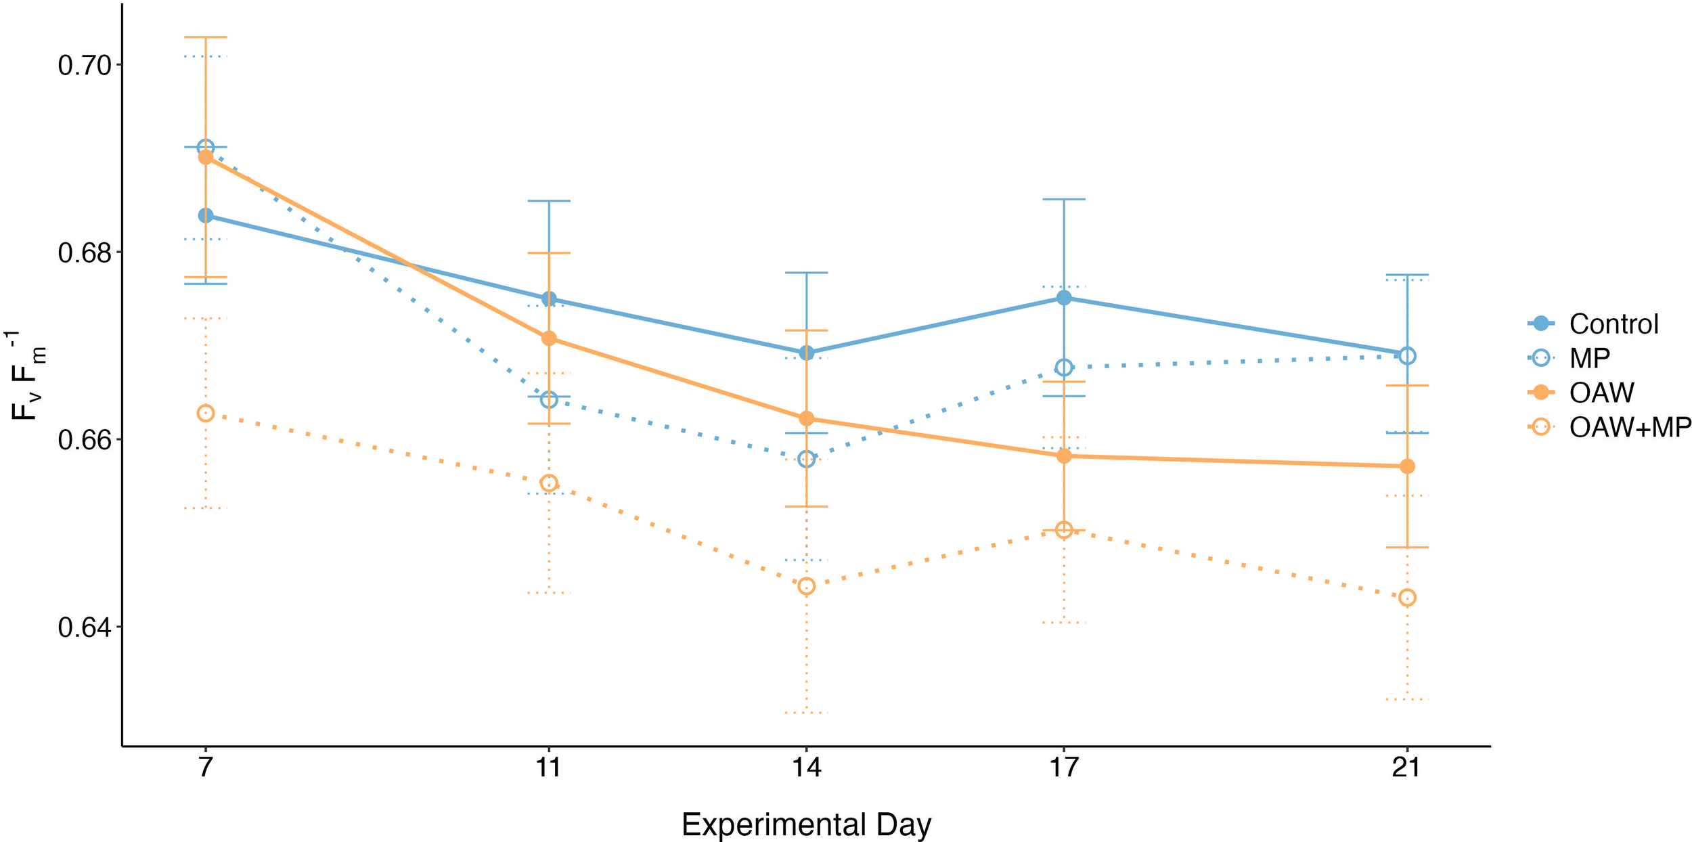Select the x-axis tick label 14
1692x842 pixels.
pyautogui.click(x=806, y=768)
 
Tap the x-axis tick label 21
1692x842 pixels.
pyautogui.click(x=1407, y=768)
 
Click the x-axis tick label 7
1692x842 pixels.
pyautogui.click(x=205, y=768)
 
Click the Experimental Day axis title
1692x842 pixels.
pyautogui.click(x=806, y=824)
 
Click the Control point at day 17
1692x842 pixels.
pyautogui.click(x=1064, y=298)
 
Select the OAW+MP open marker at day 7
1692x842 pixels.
pyautogui.click(x=206, y=413)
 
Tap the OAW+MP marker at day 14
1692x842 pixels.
pyautogui.click(x=806, y=586)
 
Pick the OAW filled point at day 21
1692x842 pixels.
pyautogui.click(x=1407, y=466)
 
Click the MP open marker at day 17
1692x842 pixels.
pyautogui.click(x=1064, y=368)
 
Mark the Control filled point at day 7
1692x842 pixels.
pyautogui.click(x=206, y=216)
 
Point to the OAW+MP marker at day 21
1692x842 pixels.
pyautogui.click(x=1407, y=598)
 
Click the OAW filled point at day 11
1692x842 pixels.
pyautogui.click(x=549, y=338)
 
